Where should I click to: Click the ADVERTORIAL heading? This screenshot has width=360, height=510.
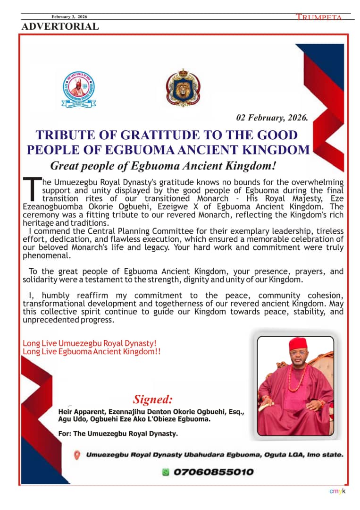[x=60, y=26]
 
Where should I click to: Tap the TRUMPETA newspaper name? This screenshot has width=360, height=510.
[x=318, y=17]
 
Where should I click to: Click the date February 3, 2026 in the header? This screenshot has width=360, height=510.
[x=69, y=17]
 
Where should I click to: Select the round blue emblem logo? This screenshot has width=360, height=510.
[x=79, y=89]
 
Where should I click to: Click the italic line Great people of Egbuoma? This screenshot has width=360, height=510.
[x=163, y=166]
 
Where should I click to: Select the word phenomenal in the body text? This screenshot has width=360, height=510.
[x=47, y=255]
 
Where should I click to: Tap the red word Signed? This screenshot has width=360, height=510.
[x=153, y=399]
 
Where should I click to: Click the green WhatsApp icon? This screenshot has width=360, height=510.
[x=166, y=472]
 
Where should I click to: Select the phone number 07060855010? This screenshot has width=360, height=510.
[x=213, y=472]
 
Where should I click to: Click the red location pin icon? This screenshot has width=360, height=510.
[x=77, y=455]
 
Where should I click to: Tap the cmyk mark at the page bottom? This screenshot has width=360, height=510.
[x=337, y=492]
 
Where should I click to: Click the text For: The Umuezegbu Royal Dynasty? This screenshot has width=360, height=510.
[x=118, y=433]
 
